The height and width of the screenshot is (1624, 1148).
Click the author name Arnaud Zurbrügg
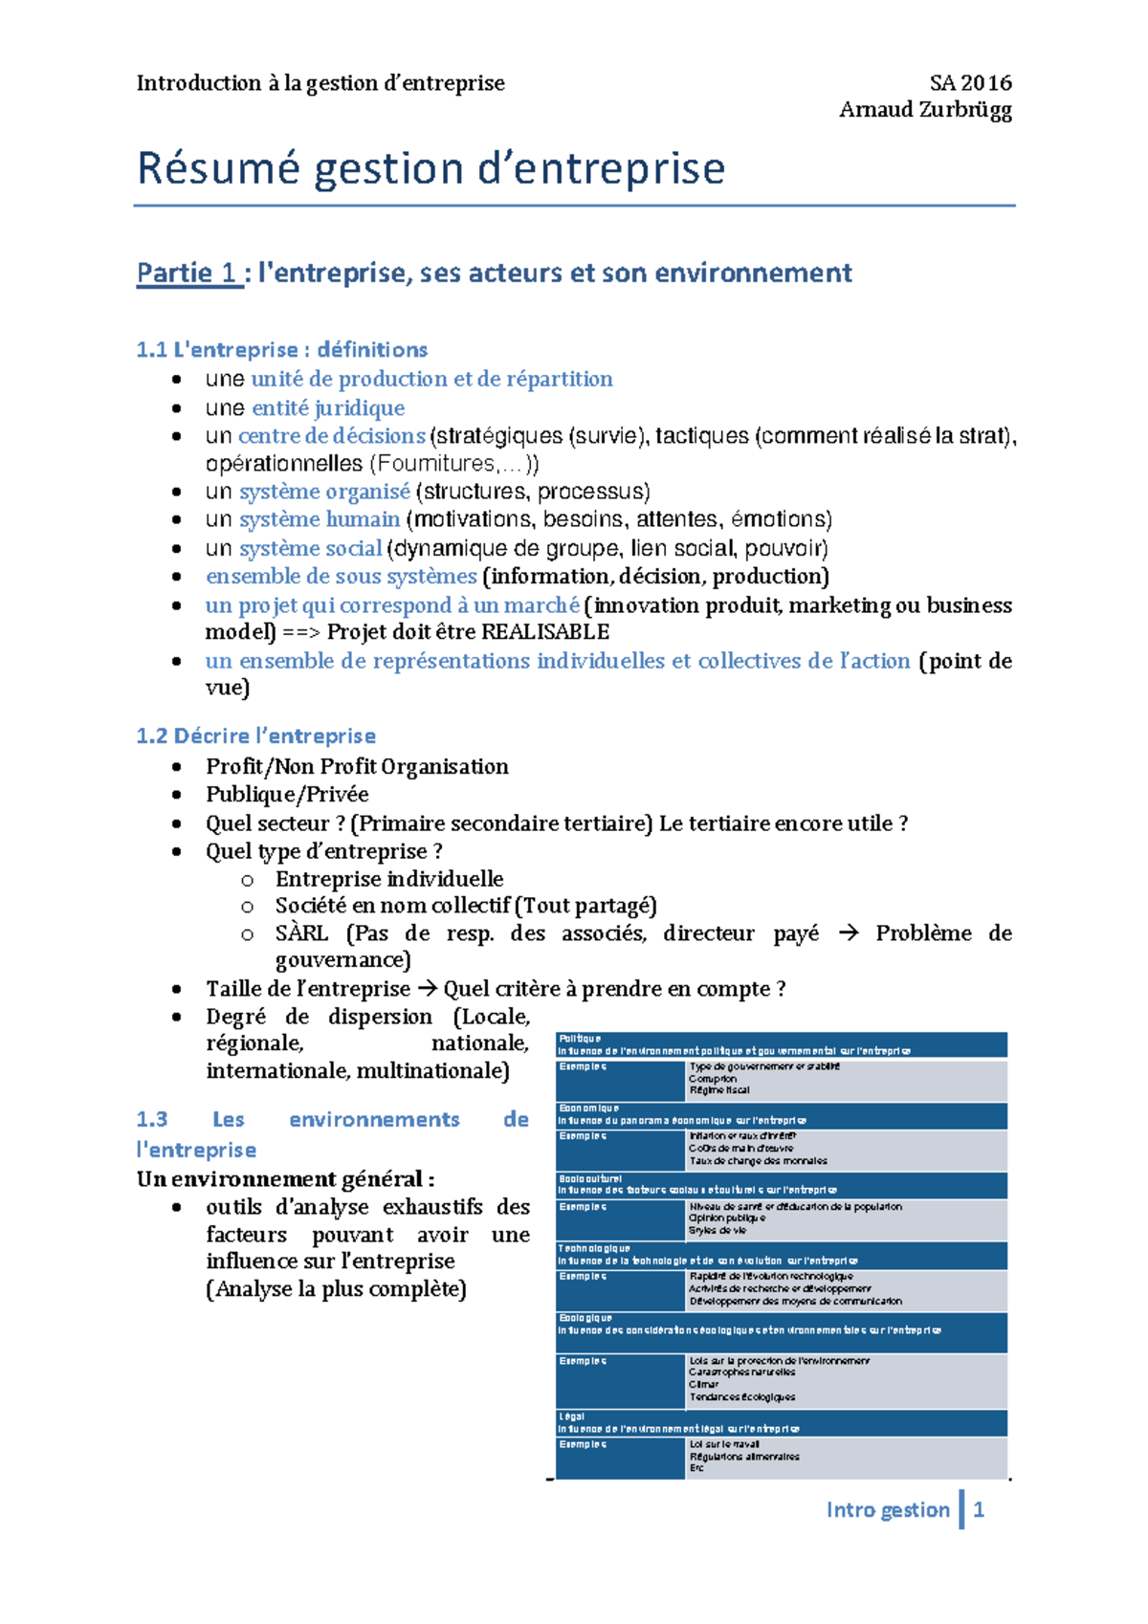tap(925, 110)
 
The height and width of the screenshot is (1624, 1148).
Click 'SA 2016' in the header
tap(970, 83)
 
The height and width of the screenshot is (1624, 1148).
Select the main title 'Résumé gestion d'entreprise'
tap(430, 168)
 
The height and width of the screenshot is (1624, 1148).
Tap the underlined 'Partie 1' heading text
tap(187, 273)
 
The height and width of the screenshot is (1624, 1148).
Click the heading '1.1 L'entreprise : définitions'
tap(281, 350)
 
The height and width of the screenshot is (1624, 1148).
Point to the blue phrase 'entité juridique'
tap(328, 408)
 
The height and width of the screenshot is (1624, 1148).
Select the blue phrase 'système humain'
tap(320, 519)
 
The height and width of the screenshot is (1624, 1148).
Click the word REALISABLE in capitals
tap(545, 632)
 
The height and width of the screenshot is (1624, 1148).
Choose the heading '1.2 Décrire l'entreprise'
tap(255, 736)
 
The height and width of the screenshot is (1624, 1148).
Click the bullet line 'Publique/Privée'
tap(287, 795)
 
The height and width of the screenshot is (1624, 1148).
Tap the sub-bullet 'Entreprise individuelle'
tap(389, 879)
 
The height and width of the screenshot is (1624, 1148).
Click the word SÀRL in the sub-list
tap(301, 933)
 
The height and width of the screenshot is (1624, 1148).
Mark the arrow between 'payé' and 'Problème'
tap(848, 933)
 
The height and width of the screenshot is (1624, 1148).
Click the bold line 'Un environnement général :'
tap(285, 1179)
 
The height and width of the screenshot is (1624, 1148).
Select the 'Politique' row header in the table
tap(580, 1039)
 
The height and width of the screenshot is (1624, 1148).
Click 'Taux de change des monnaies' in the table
tap(758, 1161)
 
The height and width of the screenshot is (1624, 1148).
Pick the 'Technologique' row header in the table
tap(594, 1248)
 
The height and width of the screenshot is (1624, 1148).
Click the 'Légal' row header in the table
tap(571, 1416)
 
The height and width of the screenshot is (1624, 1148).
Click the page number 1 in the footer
tap(979, 1510)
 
